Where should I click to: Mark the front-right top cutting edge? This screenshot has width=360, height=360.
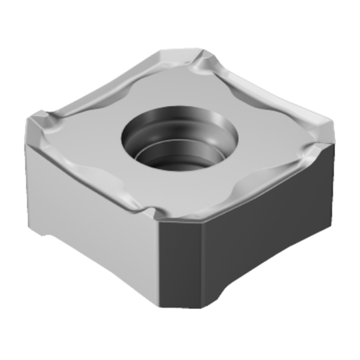coord(249,187)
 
